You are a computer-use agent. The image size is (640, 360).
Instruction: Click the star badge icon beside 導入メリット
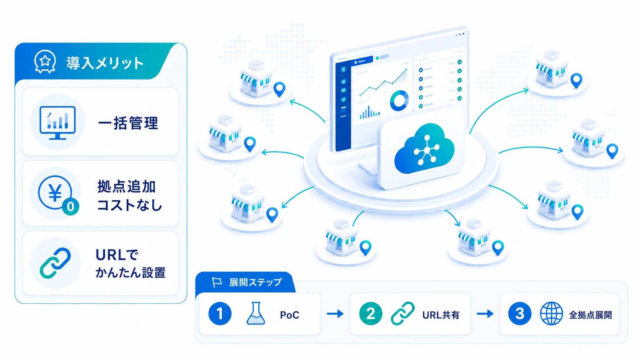(x=45, y=62)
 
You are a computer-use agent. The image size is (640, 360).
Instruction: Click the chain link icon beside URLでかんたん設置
(x=55, y=263)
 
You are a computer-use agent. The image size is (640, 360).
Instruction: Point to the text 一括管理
(x=128, y=123)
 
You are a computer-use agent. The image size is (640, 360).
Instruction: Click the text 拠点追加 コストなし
(x=130, y=196)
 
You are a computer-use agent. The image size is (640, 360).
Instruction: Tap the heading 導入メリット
(x=105, y=63)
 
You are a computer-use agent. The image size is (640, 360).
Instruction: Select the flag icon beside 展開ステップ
(x=217, y=282)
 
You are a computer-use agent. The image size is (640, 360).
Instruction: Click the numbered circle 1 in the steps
(x=220, y=313)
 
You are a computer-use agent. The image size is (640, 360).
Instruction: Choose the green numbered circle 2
(x=371, y=313)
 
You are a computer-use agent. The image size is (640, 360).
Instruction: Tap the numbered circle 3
(x=520, y=313)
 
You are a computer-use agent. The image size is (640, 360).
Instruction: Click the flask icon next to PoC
(x=256, y=313)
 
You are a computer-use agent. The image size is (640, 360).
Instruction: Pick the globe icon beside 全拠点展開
(x=552, y=313)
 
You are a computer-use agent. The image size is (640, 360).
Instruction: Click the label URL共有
(x=441, y=315)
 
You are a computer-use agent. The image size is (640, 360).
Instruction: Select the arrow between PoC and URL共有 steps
(x=335, y=314)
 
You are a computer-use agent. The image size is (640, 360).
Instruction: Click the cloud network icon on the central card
(x=424, y=148)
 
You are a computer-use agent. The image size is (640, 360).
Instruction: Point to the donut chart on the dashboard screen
(x=399, y=101)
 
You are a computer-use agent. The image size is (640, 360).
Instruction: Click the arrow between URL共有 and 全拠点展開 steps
(x=485, y=314)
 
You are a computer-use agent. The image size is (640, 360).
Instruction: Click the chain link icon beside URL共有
(x=403, y=313)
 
